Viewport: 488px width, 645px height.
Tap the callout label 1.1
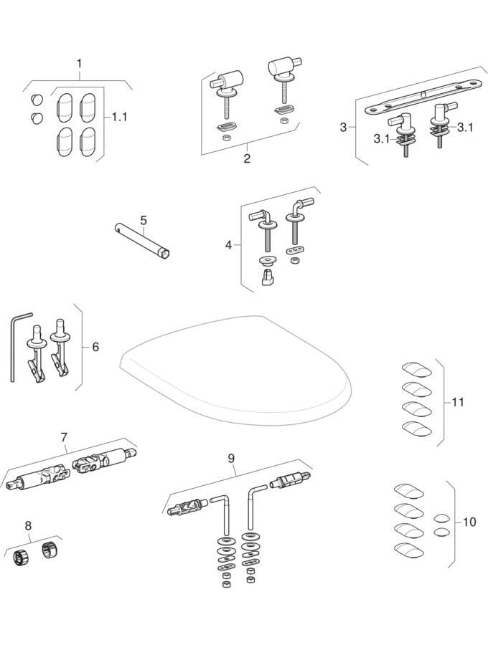click(x=119, y=115)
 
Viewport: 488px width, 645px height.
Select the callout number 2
click(x=247, y=158)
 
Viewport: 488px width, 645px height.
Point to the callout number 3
click(x=343, y=127)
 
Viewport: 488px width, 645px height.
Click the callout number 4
click(x=228, y=245)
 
